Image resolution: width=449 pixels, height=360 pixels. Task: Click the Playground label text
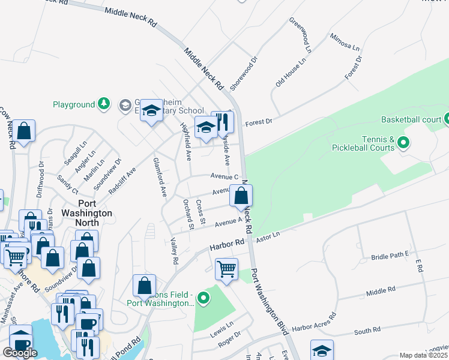point(74,104)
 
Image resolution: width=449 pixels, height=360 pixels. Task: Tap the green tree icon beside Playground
point(104,104)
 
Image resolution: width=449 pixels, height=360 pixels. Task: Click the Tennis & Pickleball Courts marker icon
point(403,143)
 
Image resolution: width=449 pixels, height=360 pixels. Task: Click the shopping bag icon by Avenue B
point(241,196)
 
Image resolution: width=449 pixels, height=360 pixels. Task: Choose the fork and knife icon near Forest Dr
point(223,122)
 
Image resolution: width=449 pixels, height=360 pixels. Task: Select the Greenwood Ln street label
point(300,34)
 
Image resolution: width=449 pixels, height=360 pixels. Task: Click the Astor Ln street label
point(268,237)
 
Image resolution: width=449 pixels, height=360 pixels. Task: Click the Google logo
point(20,353)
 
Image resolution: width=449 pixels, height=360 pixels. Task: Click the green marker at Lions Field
point(204,297)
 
